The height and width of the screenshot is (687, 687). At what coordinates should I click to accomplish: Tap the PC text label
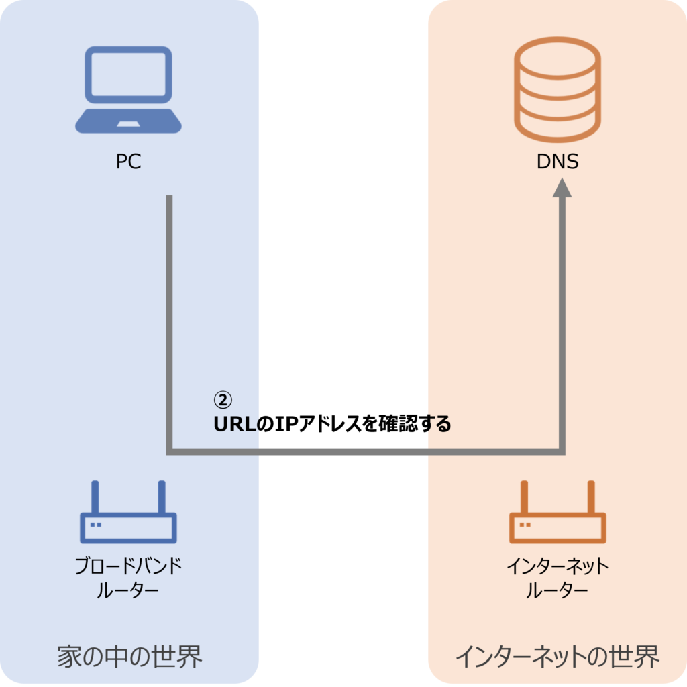tap(128, 162)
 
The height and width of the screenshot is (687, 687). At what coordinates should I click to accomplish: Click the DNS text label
tap(558, 162)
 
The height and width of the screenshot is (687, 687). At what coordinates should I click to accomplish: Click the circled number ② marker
tap(222, 400)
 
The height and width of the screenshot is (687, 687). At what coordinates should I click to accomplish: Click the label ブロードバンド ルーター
tap(128, 578)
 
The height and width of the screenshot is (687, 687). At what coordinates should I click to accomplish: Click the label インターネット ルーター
tap(558, 578)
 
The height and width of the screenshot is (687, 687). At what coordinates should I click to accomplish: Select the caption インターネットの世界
tap(557, 656)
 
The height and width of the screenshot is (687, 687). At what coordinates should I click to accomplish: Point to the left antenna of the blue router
tap(96, 497)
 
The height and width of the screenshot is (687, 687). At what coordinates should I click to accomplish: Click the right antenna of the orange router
tap(591, 497)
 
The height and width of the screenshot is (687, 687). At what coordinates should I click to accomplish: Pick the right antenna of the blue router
tap(162, 497)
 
